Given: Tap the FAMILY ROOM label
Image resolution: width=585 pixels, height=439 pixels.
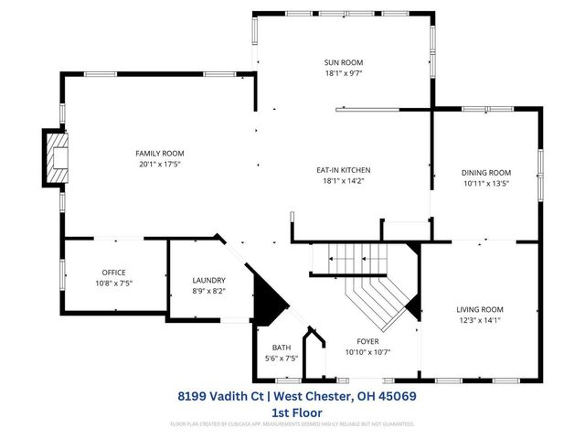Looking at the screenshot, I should click(x=160, y=153).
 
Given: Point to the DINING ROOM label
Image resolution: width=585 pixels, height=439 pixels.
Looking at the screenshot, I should click(x=486, y=172).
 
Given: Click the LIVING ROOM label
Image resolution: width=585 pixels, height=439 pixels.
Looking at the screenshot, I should click(x=480, y=309).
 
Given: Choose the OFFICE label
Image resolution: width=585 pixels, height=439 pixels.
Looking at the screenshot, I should click(x=113, y=273).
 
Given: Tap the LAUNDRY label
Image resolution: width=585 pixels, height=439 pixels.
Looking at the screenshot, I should click(x=208, y=280).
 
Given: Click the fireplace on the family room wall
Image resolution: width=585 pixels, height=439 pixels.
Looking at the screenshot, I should click(x=56, y=159).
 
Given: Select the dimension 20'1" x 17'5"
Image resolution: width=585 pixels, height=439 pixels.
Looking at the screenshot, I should click(x=160, y=164).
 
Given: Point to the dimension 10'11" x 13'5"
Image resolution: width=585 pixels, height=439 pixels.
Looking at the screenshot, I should click(x=486, y=183).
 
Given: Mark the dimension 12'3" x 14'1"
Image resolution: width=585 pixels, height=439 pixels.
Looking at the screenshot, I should click(x=480, y=320).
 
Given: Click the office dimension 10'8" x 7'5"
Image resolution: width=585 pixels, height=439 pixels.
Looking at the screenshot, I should click(x=113, y=284).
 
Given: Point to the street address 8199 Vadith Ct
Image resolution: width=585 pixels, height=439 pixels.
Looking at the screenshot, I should click(x=218, y=397).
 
